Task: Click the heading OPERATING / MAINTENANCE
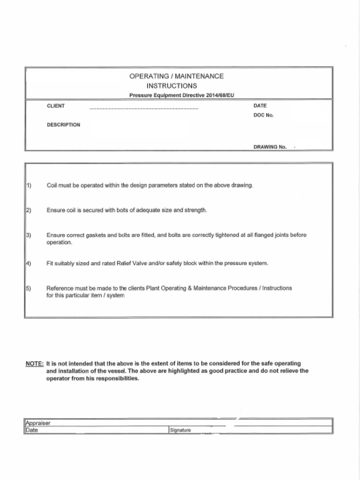pyautogui.click(x=176, y=76)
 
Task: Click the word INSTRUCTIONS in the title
pyautogui.click(x=172, y=86)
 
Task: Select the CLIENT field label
pyautogui.click(x=56, y=106)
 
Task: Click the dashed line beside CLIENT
pyautogui.click(x=143, y=109)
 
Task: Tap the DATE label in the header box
pyautogui.click(x=260, y=106)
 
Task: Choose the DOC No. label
pyautogui.click(x=263, y=115)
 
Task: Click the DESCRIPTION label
pyautogui.click(x=63, y=125)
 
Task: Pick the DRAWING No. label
pyautogui.click(x=270, y=147)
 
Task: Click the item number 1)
pyautogui.click(x=28, y=185)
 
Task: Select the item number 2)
pyautogui.click(x=28, y=210)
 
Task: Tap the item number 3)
pyautogui.click(x=28, y=235)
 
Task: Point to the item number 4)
pyautogui.click(x=28, y=263)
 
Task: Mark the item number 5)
pyautogui.click(x=28, y=288)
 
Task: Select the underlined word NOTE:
pyautogui.click(x=35, y=363)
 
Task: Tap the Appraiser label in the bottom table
pyautogui.click(x=37, y=423)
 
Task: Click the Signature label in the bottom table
pyautogui.click(x=180, y=430)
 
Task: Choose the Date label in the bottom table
pyautogui.click(x=31, y=430)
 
